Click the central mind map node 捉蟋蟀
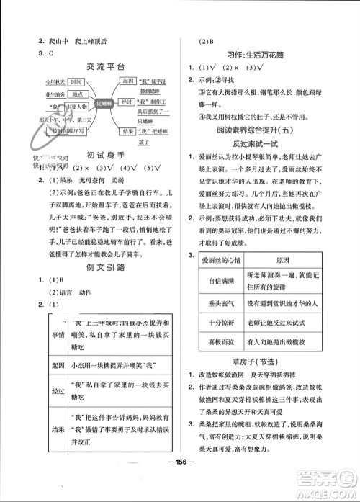tap(104, 102)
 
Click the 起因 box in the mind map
tap(129, 81)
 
